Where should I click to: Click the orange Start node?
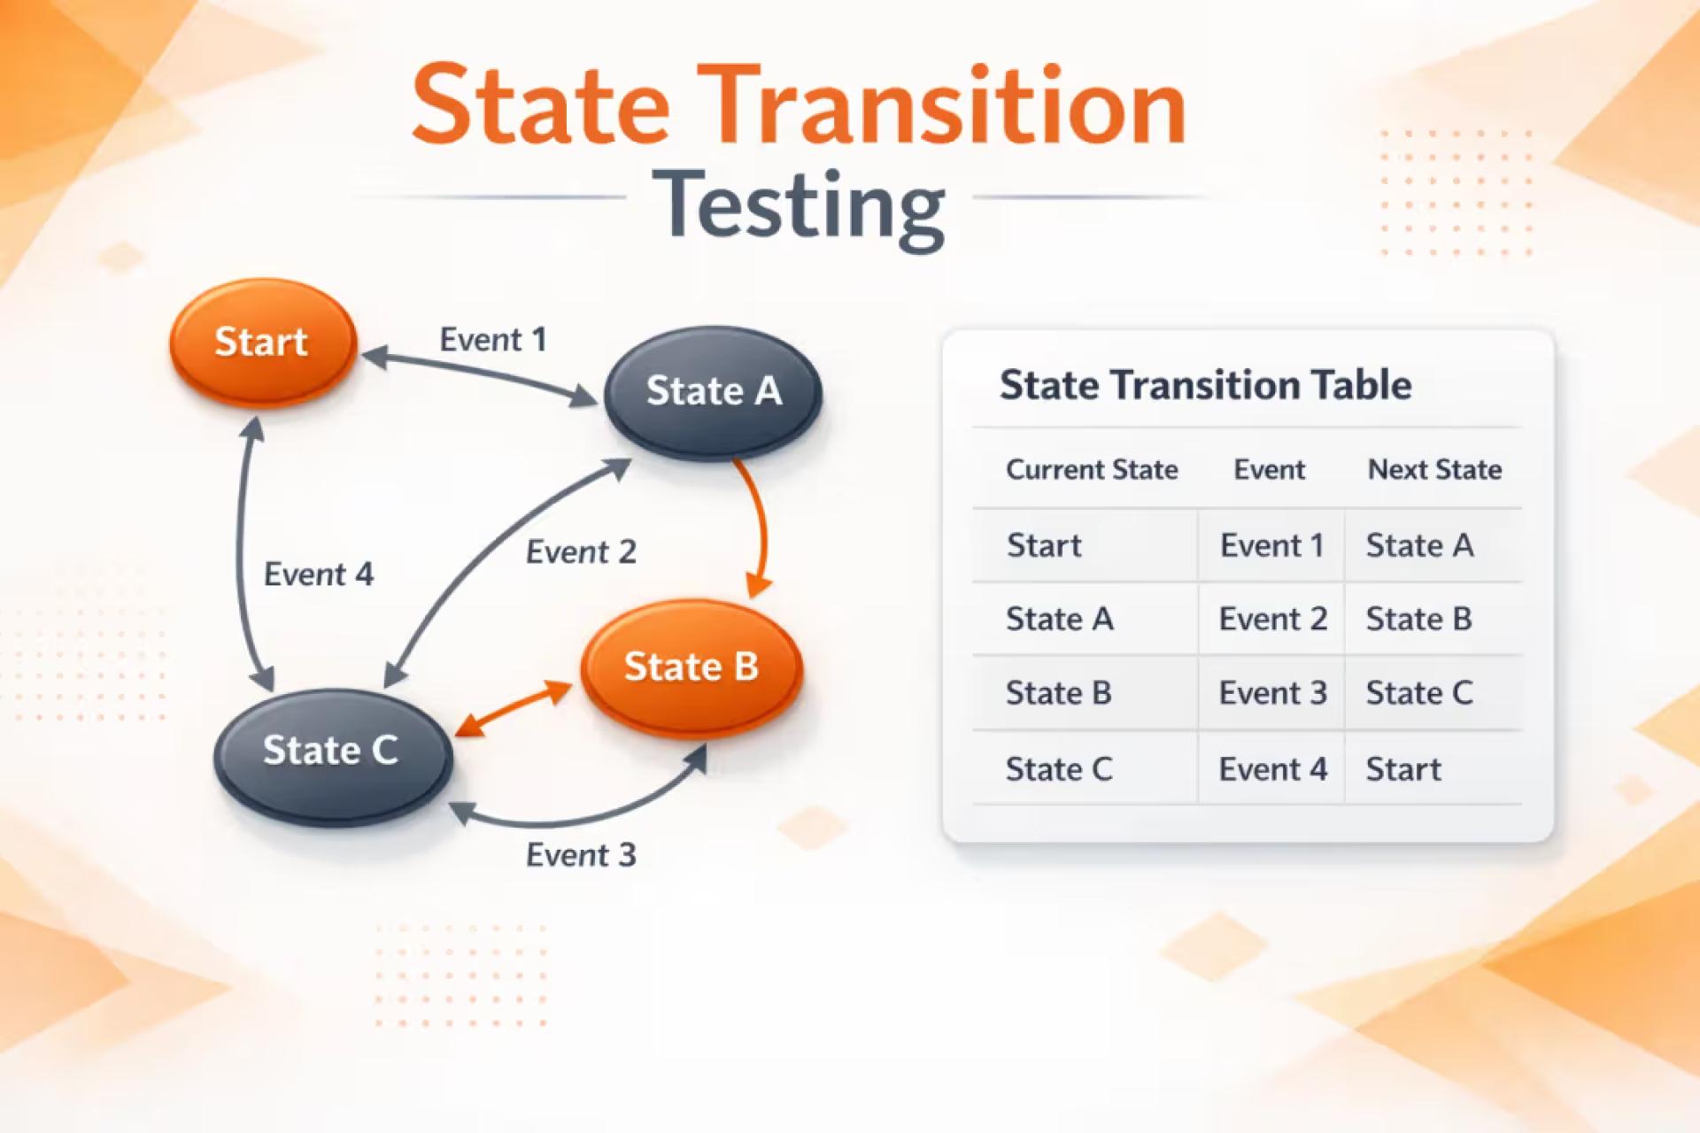[262, 343]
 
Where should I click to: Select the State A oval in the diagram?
[713, 391]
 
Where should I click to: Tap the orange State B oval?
[691, 667]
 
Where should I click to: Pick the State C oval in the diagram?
[332, 751]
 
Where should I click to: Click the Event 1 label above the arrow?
[493, 340]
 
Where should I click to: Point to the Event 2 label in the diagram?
[581, 552]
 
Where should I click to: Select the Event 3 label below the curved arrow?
[581, 855]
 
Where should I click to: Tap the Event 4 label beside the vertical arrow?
[319, 574]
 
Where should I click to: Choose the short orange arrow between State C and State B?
[514, 709]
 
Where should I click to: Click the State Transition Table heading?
[1205, 385]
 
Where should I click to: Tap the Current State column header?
[1091, 469]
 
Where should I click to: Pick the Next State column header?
[1434, 469]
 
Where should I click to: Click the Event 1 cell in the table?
[1271, 545]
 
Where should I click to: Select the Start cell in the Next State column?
[1403, 769]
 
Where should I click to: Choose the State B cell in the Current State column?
[1058, 693]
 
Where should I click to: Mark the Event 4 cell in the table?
[1272, 769]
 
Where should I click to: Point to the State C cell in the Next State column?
[1418, 693]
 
